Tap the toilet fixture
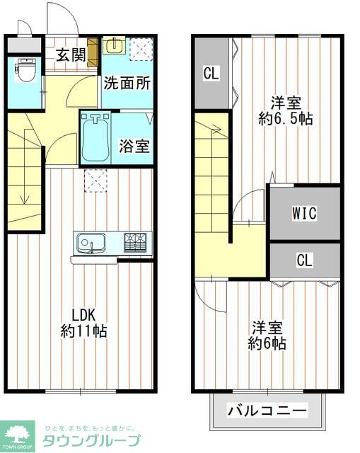27,71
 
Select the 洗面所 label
127,83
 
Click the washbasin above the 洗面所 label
114,46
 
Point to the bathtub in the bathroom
95,139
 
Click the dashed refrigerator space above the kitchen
94,180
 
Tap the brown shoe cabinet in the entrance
93,50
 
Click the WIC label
304,212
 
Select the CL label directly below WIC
304,260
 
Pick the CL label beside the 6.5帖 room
211,72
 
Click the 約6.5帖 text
286,118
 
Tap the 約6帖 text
267,344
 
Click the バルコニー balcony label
267,411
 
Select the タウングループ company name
91,440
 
